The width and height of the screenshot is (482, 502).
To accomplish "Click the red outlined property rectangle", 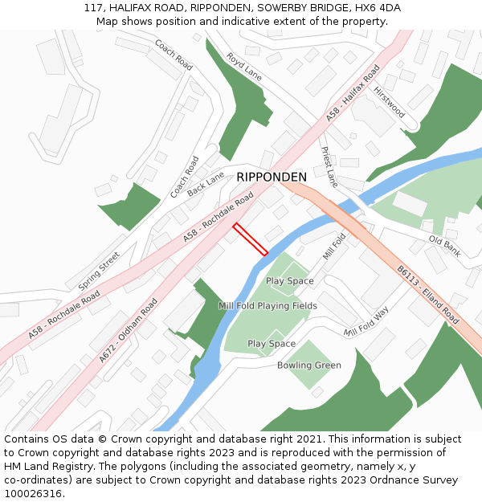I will [x=250, y=239].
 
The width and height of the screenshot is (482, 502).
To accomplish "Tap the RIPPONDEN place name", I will [x=271, y=177].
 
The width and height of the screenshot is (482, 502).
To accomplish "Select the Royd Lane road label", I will [x=244, y=66].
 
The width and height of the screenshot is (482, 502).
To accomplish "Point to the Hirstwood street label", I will [x=389, y=102].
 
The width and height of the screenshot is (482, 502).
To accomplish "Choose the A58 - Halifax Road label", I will [x=353, y=94].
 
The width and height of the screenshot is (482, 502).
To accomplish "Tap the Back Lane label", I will [x=206, y=184].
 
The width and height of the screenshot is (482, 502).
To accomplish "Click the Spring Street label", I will [x=99, y=271].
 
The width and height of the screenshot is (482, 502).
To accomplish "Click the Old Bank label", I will [x=444, y=246].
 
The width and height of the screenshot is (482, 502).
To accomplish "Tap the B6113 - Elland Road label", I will [x=428, y=295].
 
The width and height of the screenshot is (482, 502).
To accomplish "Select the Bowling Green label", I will [x=309, y=365].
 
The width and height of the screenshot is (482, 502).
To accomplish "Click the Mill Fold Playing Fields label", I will [x=268, y=306].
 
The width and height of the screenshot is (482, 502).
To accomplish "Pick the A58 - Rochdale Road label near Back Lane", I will [x=219, y=217].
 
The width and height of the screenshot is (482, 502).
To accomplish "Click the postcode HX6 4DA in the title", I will [x=378, y=8].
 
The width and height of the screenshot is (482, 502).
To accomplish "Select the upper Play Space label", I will [x=289, y=281].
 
